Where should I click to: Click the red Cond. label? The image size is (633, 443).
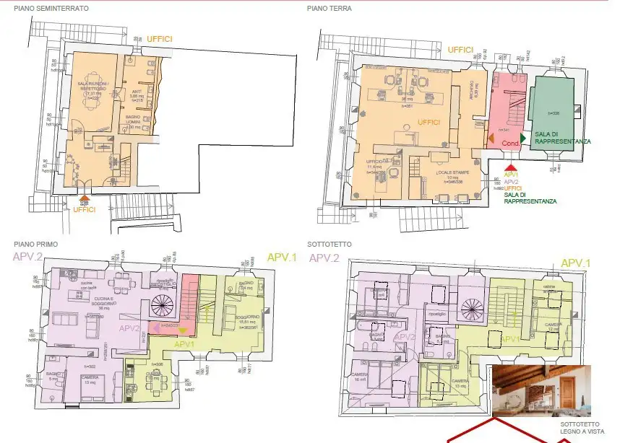click(x=511, y=142)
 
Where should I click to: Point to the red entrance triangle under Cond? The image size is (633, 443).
click(x=510, y=167)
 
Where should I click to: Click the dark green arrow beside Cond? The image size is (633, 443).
click(x=522, y=136)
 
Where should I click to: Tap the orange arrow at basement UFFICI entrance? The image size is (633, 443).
click(x=85, y=196)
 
